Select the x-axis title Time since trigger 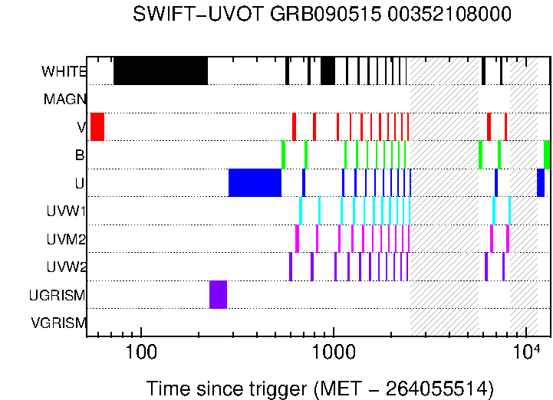(x=319, y=388)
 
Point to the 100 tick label (x=140, y=353)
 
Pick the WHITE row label (x=64, y=72)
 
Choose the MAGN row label (x=65, y=100)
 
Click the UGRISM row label (x=58, y=295)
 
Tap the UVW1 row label (x=66, y=211)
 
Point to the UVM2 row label (x=66, y=239)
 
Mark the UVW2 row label (x=66, y=267)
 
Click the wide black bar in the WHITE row (x=160, y=70)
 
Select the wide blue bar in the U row (x=255, y=182)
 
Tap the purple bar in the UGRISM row (x=218, y=294)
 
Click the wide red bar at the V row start (x=97, y=126)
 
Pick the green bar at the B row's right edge (x=547, y=155)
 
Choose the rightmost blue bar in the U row (x=540, y=182)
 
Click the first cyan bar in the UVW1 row (x=301, y=211)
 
